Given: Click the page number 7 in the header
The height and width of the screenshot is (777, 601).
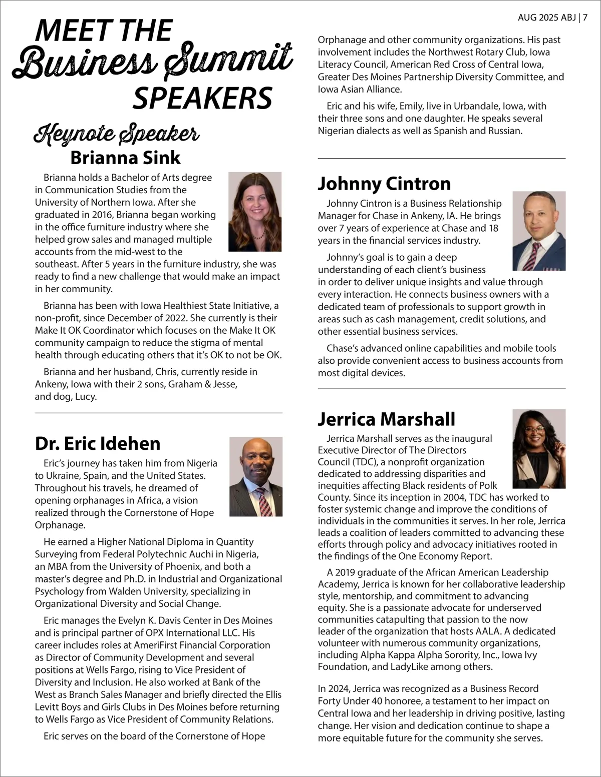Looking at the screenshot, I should [585, 18].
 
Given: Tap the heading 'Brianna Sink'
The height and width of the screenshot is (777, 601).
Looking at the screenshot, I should [125, 158].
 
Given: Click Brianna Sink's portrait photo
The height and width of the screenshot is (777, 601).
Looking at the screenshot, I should [255, 212].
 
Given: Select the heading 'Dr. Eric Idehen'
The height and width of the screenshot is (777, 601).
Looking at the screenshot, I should [98, 443].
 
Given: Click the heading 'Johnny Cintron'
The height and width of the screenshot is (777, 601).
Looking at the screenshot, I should [384, 184].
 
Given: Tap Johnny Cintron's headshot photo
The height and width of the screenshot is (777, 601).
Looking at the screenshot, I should [539, 231].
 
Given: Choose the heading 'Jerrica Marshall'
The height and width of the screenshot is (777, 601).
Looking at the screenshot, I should [386, 419].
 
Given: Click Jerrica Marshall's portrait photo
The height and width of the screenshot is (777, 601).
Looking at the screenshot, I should [539, 449].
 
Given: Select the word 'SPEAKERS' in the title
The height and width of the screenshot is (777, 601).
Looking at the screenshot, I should [202, 98].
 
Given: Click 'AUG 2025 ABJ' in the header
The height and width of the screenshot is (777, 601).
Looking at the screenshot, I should [547, 18].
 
